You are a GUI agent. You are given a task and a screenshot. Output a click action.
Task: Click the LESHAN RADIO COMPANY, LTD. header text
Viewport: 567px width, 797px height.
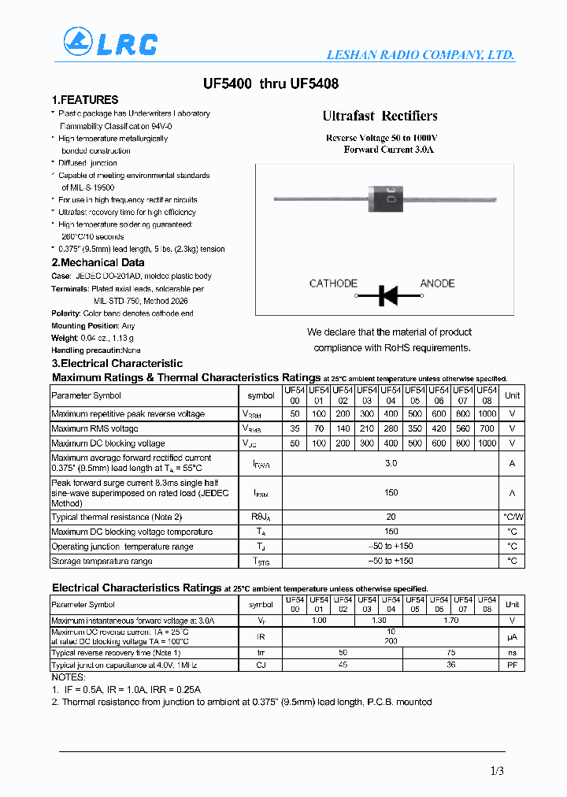click(x=421, y=55)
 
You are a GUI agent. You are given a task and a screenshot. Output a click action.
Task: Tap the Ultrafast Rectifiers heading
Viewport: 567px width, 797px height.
click(x=380, y=116)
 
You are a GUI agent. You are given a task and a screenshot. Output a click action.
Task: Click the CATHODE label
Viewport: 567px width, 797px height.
click(x=333, y=284)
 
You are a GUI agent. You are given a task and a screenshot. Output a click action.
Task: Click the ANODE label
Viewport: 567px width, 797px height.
click(x=437, y=284)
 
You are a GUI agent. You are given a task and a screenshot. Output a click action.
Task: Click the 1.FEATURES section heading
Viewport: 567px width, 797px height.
click(x=85, y=100)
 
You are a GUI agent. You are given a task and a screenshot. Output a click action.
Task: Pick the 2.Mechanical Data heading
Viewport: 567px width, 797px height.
click(x=98, y=262)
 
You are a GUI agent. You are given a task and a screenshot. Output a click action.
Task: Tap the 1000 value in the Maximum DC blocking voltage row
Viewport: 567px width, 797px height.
click(x=487, y=443)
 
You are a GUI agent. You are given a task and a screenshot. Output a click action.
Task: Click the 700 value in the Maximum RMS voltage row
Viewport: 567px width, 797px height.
click(x=487, y=428)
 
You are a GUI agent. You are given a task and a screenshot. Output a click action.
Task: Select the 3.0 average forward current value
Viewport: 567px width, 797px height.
click(x=391, y=464)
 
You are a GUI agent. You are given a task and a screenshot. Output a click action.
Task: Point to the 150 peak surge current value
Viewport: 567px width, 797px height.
click(x=391, y=493)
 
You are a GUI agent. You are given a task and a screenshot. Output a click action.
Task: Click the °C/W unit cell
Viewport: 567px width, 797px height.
click(x=512, y=517)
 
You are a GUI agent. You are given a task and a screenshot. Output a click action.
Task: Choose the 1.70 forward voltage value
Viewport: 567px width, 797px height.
click(x=450, y=621)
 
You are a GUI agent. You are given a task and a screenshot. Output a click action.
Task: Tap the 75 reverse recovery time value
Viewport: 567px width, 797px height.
click(x=450, y=653)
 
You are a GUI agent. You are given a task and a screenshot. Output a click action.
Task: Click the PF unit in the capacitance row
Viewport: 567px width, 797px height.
click(x=512, y=665)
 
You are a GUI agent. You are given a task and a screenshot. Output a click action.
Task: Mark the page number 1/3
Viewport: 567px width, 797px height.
click(x=496, y=772)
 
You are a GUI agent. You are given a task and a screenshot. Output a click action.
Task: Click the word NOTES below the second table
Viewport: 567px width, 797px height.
click(x=68, y=677)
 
